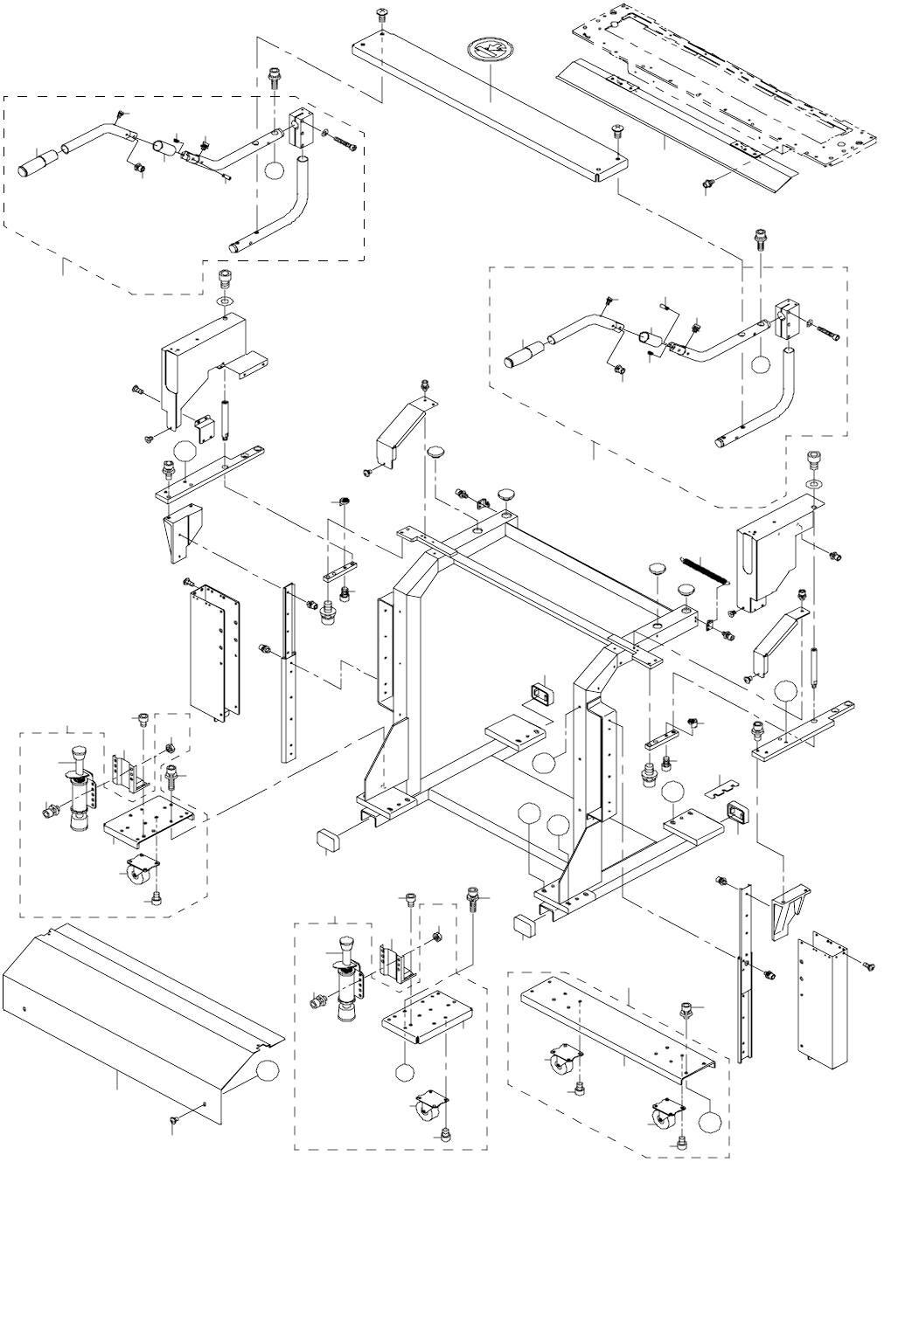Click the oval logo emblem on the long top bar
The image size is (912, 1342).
[x=491, y=50]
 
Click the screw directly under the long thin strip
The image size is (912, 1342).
[x=709, y=183]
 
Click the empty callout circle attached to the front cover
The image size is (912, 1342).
[x=268, y=1069]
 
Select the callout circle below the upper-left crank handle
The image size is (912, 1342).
[x=274, y=169]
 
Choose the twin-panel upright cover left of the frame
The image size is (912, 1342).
[x=214, y=651]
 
